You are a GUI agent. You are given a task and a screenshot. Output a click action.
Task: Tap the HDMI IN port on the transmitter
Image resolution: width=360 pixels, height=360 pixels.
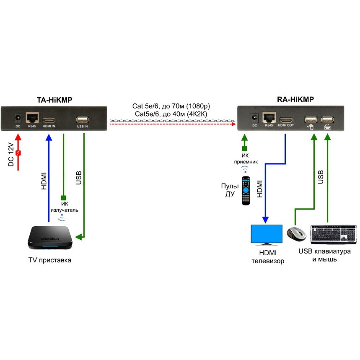coord(49,118)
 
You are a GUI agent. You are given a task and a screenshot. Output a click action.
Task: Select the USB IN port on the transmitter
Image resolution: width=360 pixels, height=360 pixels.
coord(82,119)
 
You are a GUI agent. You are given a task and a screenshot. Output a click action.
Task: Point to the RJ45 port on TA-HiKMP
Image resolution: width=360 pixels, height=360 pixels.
coord(32,117)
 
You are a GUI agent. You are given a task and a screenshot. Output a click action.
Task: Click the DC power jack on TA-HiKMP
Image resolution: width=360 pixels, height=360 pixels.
coord(18,118)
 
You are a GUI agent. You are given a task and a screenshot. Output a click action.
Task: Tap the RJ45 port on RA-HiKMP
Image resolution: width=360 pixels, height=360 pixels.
coord(269,117)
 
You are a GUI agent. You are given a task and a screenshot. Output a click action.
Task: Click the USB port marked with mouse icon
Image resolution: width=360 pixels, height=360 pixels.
coord(311,119)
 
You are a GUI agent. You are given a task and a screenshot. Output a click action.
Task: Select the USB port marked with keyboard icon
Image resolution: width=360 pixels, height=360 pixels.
coord(327,119)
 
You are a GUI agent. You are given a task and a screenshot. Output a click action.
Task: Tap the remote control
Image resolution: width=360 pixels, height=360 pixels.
coord(245,191)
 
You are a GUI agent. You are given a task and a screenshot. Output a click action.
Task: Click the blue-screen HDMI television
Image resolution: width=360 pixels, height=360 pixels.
coord(266,235)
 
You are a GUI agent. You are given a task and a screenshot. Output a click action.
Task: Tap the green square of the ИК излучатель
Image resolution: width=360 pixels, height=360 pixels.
coord(63,198)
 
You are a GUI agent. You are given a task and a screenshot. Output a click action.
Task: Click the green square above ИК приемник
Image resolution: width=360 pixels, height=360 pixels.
coord(244,148)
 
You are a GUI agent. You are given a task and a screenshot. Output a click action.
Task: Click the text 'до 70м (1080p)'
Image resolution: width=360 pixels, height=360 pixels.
coord(189,106)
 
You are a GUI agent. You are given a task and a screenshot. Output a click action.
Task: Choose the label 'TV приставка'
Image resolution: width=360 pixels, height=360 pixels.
coord(49,260)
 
